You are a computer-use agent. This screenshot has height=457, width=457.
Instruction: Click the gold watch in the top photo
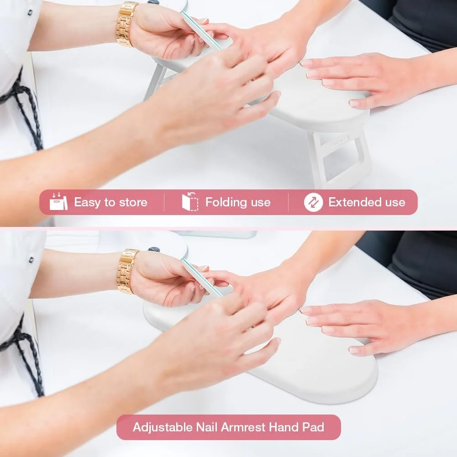(126, 24)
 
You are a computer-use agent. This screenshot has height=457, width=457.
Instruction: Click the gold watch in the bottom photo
(127, 271)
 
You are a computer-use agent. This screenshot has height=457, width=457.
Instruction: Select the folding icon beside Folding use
(190, 201)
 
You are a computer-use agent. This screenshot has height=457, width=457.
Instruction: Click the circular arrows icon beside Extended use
(313, 202)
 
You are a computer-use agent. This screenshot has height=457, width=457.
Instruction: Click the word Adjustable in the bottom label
(163, 427)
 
